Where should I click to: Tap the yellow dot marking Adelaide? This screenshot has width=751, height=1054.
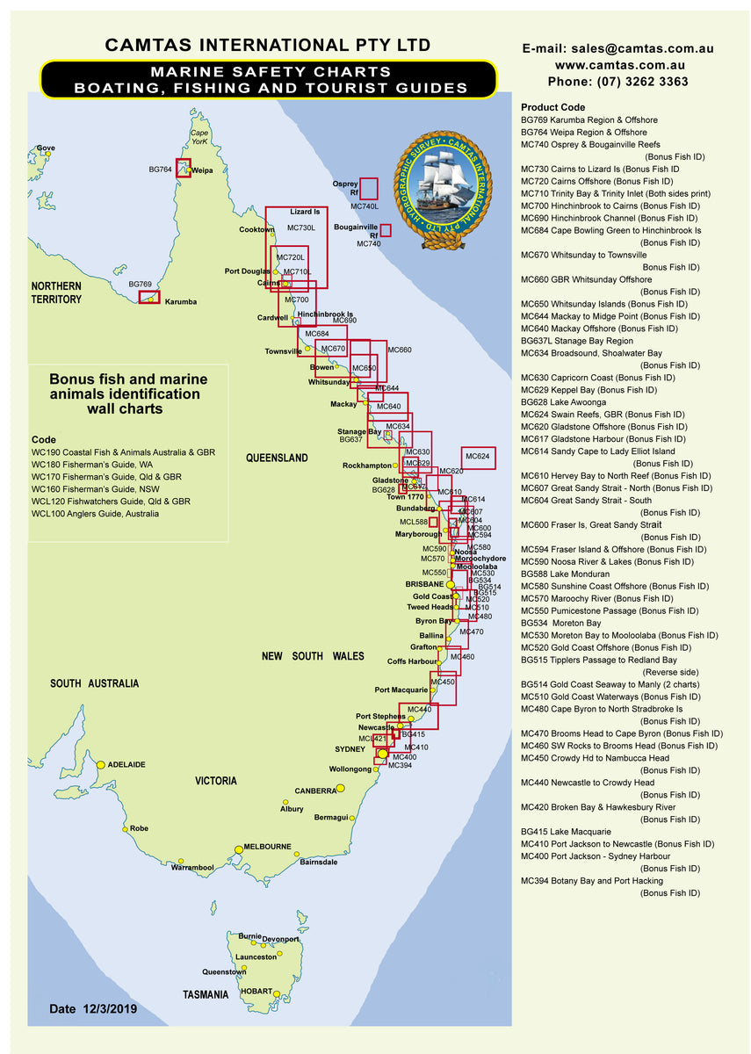[101, 765]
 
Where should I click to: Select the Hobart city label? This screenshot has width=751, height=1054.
[256, 992]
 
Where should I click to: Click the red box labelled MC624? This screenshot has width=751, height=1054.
[478, 457]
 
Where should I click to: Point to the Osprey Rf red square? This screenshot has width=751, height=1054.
[369, 188]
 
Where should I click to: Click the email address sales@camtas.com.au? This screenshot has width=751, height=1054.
[617, 49]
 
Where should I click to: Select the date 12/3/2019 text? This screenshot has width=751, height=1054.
[93, 1009]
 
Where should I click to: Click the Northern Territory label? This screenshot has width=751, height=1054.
[56, 292]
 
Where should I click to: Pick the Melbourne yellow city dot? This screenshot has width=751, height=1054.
[238, 849]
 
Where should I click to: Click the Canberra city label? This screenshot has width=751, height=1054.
[314, 790]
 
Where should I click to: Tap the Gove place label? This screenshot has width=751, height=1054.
[45, 148]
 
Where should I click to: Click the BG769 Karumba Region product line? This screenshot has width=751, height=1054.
[589, 119]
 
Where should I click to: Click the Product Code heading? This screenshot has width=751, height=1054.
[552, 107]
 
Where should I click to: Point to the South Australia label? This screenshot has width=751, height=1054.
[94, 683]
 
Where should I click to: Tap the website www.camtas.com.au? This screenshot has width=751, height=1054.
[619, 65]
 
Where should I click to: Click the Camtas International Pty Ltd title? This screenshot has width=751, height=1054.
[267, 45]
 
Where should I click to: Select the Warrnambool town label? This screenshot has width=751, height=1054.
[192, 867]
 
